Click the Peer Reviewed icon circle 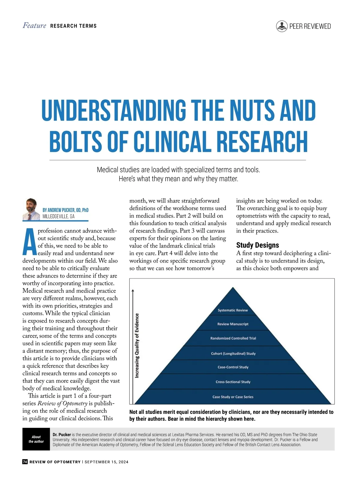[x=282, y=26]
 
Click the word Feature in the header [x=34, y=26]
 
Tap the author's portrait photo [x=31, y=209]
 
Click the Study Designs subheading [x=257, y=245]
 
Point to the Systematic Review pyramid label [x=233, y=310]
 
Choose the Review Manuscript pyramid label [x=233, y=324]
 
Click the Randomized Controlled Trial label [x=233, y=338]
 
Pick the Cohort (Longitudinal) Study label [x=233, y=353]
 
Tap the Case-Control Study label [x=233, y=367]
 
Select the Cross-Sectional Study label [x=233, y=382]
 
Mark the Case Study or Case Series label [x=233, y=397]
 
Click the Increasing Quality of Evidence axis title [x=137, y=345]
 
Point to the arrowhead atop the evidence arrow [x=133, y=290]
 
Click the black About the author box [x=36, y=439]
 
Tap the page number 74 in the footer [x=25, y=462]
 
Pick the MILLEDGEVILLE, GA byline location [x=58, y=216]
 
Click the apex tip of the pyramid [x=233, y=288]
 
